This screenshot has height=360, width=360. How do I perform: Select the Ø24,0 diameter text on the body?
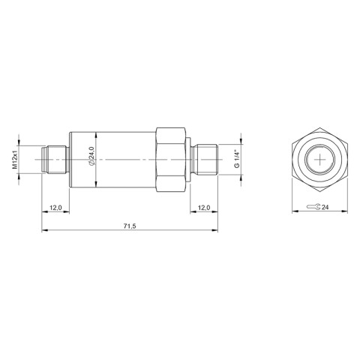pyautogui.click(x=92, y=159)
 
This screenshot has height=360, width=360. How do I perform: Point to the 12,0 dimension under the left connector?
pyautogui.click(x=55, y=207)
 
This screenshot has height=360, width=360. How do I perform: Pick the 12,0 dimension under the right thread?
pyautogui.click(x=203, y=207)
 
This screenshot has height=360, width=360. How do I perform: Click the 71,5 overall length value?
pyautogui.click(x=128, y=226)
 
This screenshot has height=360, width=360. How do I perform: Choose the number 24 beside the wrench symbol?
pyautogui.click(x=325, y=207)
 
